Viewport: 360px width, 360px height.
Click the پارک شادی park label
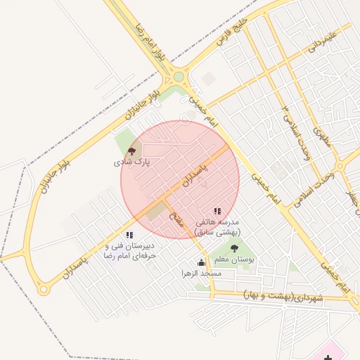(131, 162)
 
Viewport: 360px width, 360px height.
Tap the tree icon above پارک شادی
(131, 150)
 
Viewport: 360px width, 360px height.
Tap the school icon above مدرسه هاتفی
(217, 210)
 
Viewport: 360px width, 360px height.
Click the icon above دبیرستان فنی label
(129, 235)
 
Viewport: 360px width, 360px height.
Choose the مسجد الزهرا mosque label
(202, 273)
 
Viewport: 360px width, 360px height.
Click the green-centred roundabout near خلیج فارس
(178, 77)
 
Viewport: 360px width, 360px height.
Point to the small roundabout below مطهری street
(339, 166)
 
